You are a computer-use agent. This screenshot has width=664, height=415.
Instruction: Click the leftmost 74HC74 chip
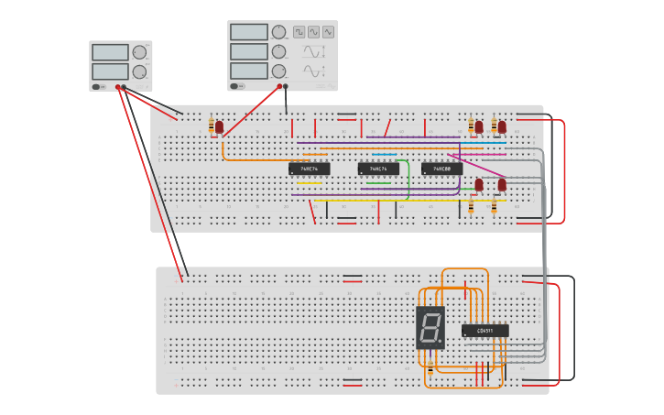pos(309,169)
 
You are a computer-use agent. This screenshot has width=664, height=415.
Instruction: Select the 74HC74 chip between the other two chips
pos(378,169)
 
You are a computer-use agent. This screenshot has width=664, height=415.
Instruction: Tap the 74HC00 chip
pos(441,169)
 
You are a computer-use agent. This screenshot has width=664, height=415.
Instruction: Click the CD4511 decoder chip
pos(484,330)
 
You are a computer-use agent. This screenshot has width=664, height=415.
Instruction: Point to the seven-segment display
pos(430,326)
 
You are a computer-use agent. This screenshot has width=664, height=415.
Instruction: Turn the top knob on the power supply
pos(139,52)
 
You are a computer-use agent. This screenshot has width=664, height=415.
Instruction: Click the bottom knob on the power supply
pos(139,71)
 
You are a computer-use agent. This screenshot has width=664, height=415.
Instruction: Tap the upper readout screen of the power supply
pos(110,52)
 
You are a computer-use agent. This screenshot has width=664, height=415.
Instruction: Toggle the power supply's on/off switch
pos(96,86)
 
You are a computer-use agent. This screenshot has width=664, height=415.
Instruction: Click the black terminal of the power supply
pos(124,87)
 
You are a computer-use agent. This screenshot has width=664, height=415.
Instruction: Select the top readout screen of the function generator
pos(248,32)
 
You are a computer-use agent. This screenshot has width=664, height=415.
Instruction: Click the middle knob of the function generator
pos(278,51)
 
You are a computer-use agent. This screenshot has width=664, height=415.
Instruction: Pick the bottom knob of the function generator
pos(278,71)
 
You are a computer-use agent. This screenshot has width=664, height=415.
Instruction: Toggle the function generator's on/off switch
pos(235,86)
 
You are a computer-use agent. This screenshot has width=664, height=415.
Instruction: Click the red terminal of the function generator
pos(279,87)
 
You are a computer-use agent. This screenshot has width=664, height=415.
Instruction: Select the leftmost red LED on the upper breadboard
pos(219,126)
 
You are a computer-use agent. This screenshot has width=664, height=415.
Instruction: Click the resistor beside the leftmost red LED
pos(212,126)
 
